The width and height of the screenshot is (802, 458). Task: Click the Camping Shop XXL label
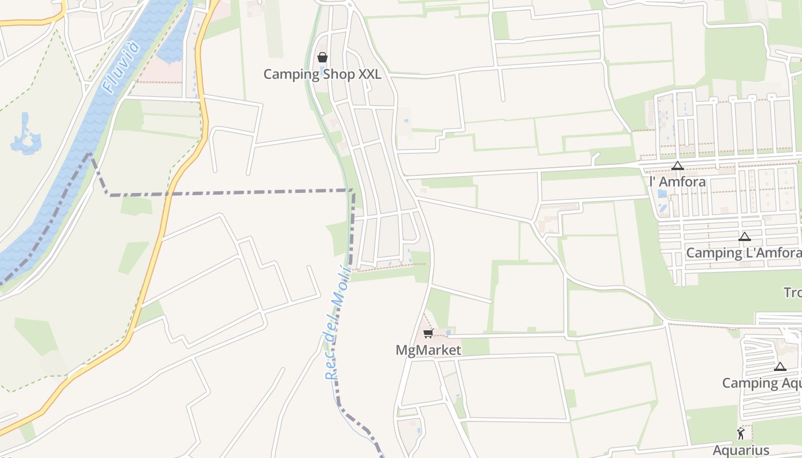pos(322,74)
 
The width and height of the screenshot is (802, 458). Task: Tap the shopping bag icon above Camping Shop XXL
pos(322,57)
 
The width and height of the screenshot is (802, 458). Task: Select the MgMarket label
pos(428,349)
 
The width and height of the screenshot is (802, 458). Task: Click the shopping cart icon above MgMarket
pos(427,334)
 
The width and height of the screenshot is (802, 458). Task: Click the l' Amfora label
pos(678,181)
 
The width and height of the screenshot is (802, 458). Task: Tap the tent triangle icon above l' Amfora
pos(677,166)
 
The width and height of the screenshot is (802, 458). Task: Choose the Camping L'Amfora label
pos(744,252)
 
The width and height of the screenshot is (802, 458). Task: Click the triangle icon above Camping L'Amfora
pos(744,236)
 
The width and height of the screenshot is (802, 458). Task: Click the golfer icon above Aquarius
pos(741,433)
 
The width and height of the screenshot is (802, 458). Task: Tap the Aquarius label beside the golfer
pos(741,449)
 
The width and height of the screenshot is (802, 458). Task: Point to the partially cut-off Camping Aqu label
pos(761,383)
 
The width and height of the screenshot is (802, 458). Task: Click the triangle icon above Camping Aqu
pos(780,366)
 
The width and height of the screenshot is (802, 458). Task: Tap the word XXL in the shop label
pos(367,74)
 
